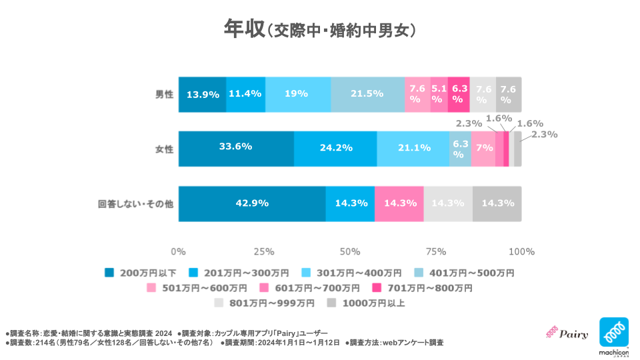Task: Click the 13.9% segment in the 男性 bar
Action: point(203,94)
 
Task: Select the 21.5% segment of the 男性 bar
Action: point(367,94)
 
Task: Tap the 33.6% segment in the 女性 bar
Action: point(236,148)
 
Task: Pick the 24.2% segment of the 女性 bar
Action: point(335,148)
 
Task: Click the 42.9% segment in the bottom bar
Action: point(252,203)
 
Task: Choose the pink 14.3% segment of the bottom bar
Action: point(399,203)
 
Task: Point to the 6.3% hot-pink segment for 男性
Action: point(459,94)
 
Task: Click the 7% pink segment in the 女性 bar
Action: point(483,148)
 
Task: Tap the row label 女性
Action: point(163,149)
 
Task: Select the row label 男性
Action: point(163,95)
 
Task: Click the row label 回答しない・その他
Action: point(135,204)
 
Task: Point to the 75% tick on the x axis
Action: point(435,252)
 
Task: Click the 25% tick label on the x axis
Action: point(264,252)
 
